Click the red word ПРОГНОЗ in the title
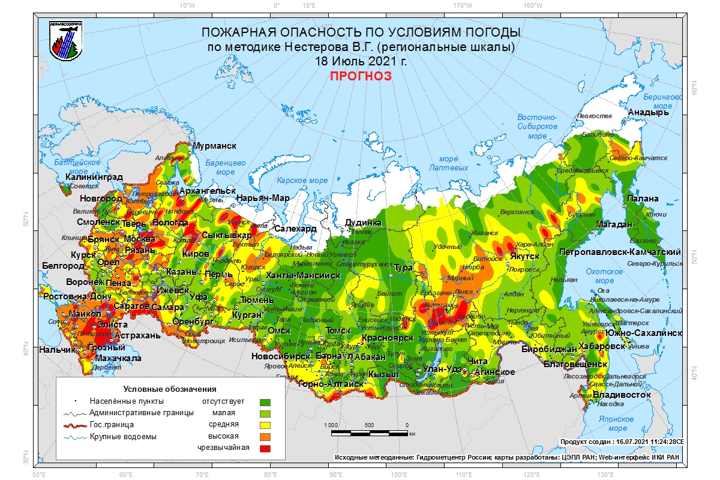361,76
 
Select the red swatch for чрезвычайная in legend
265,448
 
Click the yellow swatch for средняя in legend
265,425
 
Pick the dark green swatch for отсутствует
265,401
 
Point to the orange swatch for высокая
265,436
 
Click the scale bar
369,431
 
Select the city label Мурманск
214,146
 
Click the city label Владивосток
622,395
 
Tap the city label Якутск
525,256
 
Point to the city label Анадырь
648,112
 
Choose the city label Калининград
94,177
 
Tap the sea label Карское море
302,181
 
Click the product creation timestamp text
621,442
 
